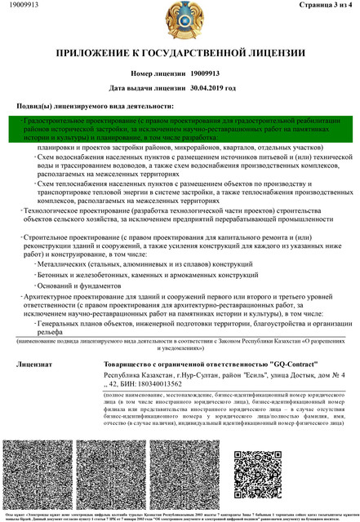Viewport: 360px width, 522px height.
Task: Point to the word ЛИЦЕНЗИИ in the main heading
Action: (273, 54)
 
